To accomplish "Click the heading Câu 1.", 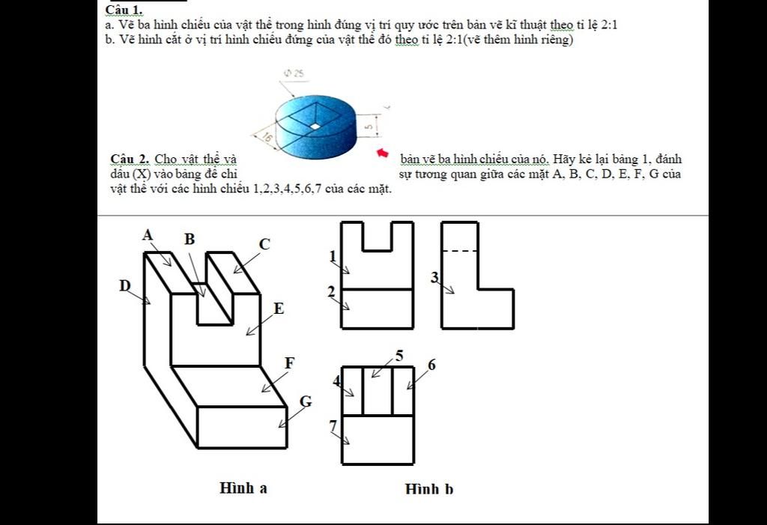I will [x=124, y=10].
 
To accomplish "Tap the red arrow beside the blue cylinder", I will [x=383, y=154].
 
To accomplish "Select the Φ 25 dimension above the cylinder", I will [x=294, y=73].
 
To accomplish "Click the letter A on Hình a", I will [x=148, y=235].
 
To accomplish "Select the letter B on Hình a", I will [x=190, y=239].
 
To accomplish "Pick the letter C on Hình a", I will [x=264, y=244].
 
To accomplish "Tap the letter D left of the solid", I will [x=125, y=285].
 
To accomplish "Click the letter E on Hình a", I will [x=279, y=308].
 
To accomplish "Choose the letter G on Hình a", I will [x=305, y=401].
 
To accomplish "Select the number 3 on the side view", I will [x=434, y=278].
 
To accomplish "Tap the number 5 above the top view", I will [x=399, y=356].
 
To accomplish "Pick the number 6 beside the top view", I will [x=431, y=365].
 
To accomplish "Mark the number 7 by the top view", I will [x=333, y=425].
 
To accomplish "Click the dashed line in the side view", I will [x=459, y=251].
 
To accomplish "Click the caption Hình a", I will [x=243, y=488].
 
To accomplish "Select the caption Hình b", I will [x=429, y=489].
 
